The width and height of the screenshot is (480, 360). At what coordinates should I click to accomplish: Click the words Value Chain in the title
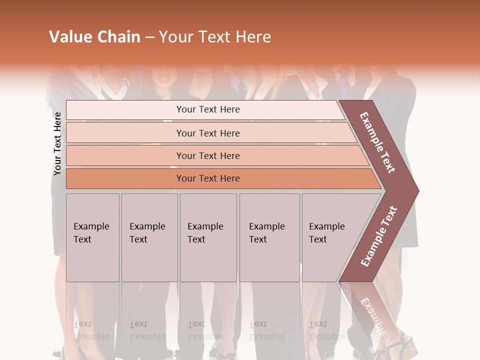coord(94,37)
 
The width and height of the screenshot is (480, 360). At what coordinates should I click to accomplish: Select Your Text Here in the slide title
coord(215,37)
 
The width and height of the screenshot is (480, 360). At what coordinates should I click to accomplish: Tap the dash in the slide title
coord(149,37)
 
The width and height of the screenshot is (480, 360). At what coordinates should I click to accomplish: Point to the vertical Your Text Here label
coord(57,143)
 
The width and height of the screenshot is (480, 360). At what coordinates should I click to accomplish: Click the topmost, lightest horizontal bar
coord(208,109)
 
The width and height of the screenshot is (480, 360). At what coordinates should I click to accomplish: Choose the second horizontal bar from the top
coord(208,133)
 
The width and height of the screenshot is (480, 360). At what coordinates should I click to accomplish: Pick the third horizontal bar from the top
coord(208,155)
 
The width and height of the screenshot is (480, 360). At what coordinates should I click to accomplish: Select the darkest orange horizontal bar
coord(208,178)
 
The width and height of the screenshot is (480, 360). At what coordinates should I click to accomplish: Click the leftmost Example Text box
coord(92,237)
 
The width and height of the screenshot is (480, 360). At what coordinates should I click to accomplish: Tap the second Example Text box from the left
coord(149,237)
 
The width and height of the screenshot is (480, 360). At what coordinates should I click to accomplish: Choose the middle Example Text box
coord(208,237)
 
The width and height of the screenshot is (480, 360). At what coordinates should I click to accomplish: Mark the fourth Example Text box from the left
coord(269,237)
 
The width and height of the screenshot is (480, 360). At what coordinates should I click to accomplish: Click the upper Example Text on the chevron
coord(378,142)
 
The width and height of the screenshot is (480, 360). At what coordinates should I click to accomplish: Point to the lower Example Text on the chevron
coord(379,236)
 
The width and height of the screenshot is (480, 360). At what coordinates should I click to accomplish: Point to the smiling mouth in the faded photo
coord(164,78)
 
